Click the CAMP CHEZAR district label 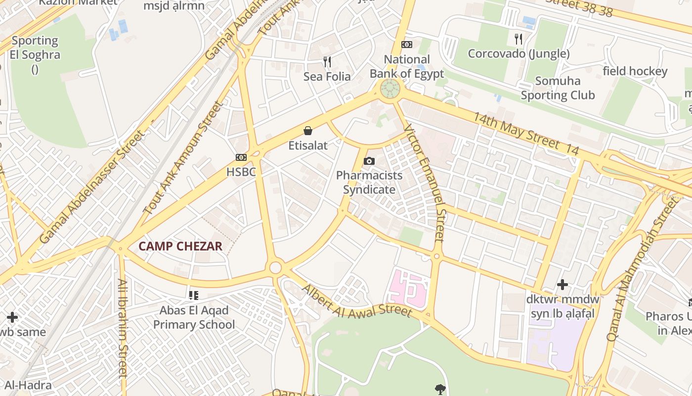(180, 246)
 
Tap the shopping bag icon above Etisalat (308, 131)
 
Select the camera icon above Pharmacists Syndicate (369, 161)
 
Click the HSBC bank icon (241, 157)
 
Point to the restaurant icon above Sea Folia (327, 62)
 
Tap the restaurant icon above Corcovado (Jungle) (519, 39)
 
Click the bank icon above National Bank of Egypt (407, 45)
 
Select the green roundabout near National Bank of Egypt (390, 89)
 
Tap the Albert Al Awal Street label (356, 300)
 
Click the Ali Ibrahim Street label (123, 328)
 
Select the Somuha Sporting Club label (558, 88)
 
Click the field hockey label (635, 71)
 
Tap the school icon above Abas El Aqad (194, 296)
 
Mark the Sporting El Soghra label (35, 48)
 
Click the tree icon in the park (439, 389)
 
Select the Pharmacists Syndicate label (369, 182)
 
